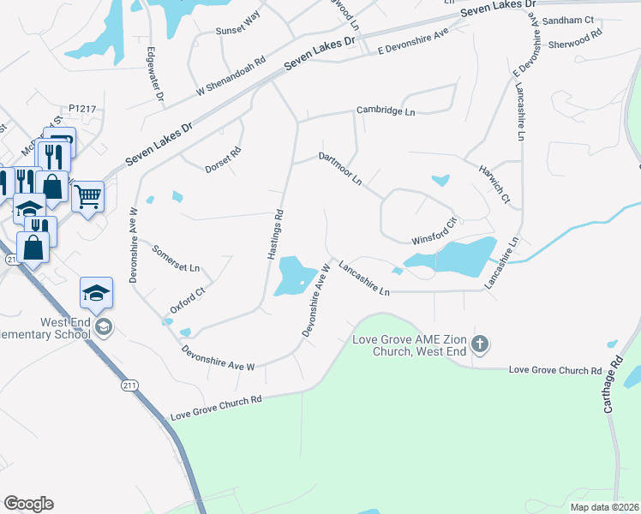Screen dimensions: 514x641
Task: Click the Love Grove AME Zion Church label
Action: coord(412,345)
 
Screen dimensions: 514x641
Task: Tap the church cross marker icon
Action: coord(481,344)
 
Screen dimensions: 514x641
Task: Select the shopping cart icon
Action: coord(87,197)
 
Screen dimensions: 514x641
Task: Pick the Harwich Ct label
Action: coord(494,185)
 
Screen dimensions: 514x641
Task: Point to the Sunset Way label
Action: coord(238,34)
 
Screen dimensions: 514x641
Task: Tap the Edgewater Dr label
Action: coord(154,74)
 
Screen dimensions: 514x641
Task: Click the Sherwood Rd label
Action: coord(575,38)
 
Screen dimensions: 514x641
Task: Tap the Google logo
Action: coord(28,504)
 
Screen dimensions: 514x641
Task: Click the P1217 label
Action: coord(82,109)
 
